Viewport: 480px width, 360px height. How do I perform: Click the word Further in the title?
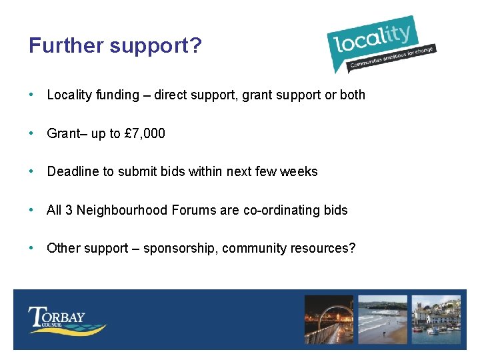click(x=66, y=46)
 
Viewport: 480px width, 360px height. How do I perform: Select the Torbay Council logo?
click(x=67, y=320)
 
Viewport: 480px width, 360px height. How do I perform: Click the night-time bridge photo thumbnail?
click(x=329, y=320)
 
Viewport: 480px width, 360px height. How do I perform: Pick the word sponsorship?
click(x=179, y=249)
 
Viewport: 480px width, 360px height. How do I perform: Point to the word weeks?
click(x=299, y=171)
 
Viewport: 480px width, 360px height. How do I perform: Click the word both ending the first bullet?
click(x=353, y=95)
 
